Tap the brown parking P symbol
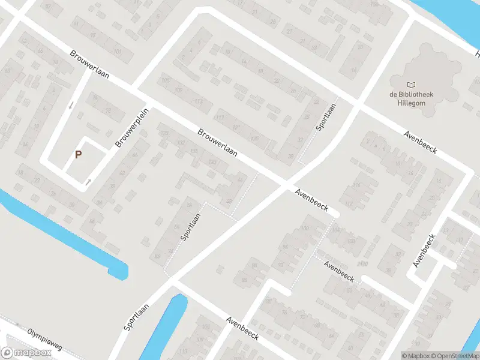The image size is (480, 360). pyautogui.click(x=78, y=154)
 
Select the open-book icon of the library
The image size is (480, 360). pyautogui.click(x=410, y=85)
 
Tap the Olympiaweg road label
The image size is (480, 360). pyautogui.click(x=44, y=338)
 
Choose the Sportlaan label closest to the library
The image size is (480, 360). pyautogui.click(x=326, y=117)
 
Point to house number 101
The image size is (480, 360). pyautogui.click(x=118, y=52)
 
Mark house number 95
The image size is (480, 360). pyautogui.click(x=92, y=35)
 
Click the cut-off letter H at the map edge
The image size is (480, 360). pyautogui.click(x=478, y=55)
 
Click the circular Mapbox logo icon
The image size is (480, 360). pyautogui.click(x=8, y=353)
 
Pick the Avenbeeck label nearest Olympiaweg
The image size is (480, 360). pyautogui.click(x=242, y=329)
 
